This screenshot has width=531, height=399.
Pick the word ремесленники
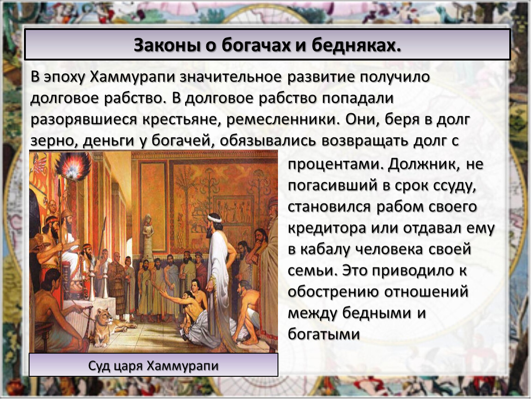tap(283, 120)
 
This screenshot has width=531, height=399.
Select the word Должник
tap(426, 164)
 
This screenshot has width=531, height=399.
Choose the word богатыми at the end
tap(323, 334)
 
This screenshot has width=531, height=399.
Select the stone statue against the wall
tap(148, 236)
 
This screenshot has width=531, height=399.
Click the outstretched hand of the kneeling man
tap(163, 291)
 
